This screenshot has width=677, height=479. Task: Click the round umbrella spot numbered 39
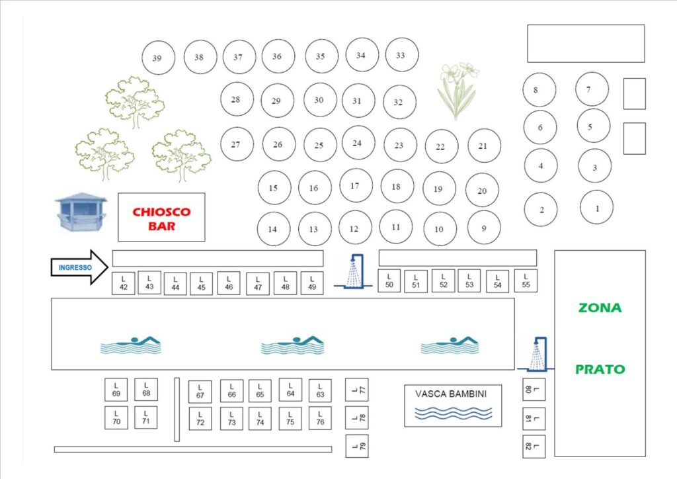[x=159, y=58]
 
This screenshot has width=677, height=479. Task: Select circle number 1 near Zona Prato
[x=597, y=207]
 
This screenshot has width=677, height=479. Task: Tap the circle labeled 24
[x=358, y=142]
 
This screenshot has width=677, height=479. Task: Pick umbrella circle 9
[x=484, y=228]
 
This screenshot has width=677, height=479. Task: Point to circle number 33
[x=401, y=54]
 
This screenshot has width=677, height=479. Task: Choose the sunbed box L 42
[x=124, y=283]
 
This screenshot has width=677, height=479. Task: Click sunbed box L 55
[x=526, y=281]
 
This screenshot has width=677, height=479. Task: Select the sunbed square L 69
[x=116, y=390]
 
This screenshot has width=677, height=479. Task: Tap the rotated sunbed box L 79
[x=357, y=446]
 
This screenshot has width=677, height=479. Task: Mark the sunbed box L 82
[x=534, y=446]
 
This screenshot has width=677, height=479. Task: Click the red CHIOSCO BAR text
[x=161, y=218]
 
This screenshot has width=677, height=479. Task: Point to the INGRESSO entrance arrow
[x=79, y=267]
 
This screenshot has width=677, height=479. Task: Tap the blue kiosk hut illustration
[x=81, y=212]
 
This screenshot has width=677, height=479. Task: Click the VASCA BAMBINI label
[x=451, y=394]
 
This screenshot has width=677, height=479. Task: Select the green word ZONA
[x=600, y=308]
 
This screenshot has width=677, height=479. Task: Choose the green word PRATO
[x=600, y=369]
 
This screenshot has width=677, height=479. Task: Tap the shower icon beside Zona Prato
[x=536, y=354]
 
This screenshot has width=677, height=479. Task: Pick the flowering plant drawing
[x=458, y=91]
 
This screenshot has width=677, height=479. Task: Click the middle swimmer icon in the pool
[x=292, y=345]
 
